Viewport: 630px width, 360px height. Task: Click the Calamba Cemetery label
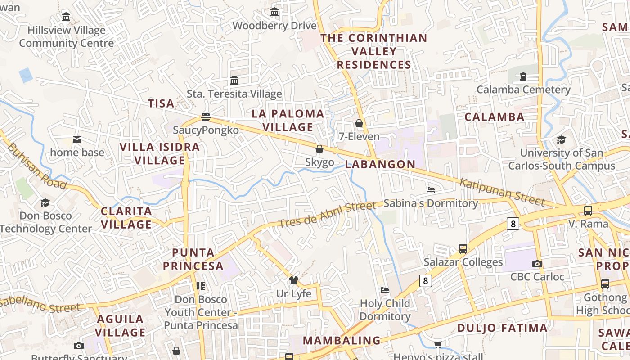tap(523, 90)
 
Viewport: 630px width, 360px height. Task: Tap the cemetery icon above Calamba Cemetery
tap(523, 76)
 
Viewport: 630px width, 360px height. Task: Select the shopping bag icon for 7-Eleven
tap(359, 123)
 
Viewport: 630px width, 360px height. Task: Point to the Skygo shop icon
tap(319, 149)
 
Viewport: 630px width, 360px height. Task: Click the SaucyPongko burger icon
tap(206, 117)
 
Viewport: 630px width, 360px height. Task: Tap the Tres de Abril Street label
tap(327, 214)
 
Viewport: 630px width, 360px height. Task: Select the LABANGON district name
tap(380, 164)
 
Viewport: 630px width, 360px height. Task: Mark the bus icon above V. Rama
tap(588, 210)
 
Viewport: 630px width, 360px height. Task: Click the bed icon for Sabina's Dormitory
tap(431, 190)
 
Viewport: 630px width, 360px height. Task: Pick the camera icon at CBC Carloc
tap(537, 264)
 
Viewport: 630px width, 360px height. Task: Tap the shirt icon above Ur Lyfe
tap(294, 280)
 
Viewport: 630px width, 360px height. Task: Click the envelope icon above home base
tap(77, 139)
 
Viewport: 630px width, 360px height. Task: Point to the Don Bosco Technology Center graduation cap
tap(45, 202)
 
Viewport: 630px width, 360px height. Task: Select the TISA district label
tap(161, 103)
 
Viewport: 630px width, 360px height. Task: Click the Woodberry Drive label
tap(274, 26)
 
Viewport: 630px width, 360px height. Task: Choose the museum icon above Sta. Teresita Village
tap(234, 81)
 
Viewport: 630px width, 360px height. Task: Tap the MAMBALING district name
tap(342, 340)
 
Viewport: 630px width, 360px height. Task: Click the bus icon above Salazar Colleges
tap(463, 248)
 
